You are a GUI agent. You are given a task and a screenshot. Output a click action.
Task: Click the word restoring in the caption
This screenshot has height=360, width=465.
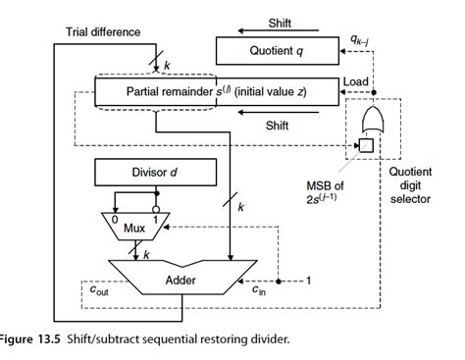[208, 338]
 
